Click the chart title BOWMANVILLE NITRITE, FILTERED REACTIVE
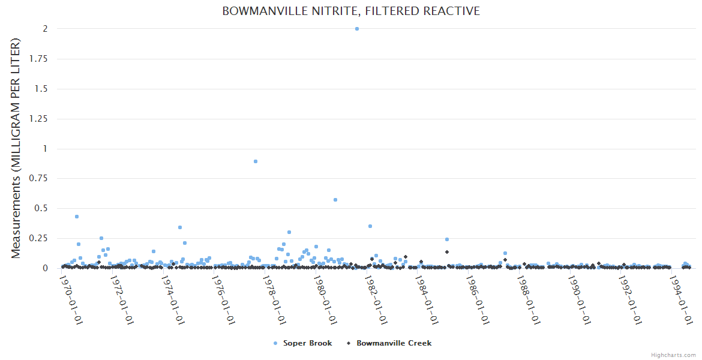tap(351, 11)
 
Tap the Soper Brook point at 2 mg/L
tap(357, 29)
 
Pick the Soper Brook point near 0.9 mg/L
tap(256, 161)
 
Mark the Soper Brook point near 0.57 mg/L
tap(335, 200)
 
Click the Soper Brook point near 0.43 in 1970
tap(77, 217)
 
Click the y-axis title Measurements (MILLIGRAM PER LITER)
tap(16, 148)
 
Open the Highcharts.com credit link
tap(673, 355)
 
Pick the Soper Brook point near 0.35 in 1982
tap(370, 226)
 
